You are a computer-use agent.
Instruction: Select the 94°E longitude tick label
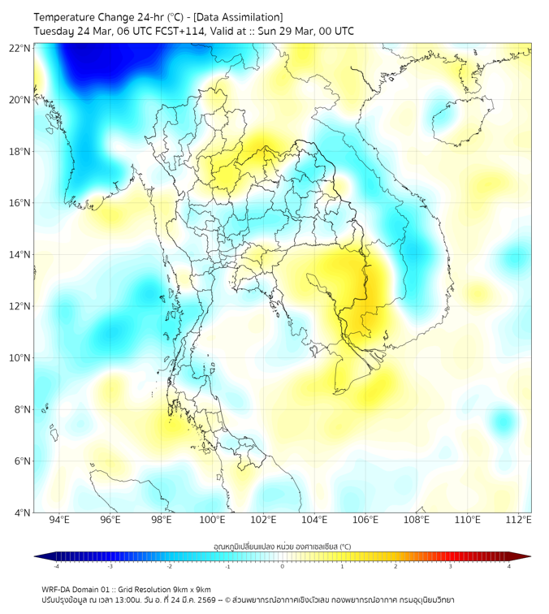pyautogui.click(x=59, y=520)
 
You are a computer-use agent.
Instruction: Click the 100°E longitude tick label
pyautogui.click(x=213, y=520)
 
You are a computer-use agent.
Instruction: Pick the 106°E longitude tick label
pyautogui.click(x=365, y=520)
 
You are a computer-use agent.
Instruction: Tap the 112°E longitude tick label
pyautogui.click(x=519, y=520)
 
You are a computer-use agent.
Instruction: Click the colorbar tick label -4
pyautogui.click(x=56, y=566)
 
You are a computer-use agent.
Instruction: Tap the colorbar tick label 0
pyautogui.click(x=283, y=566)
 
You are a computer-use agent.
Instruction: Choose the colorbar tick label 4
pyautogui.click(x=508, y=566)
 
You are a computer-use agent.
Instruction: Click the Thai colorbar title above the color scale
pyautogui.click(x=282, y=546)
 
